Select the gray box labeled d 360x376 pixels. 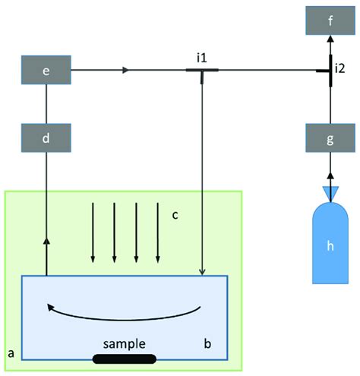point(46,139)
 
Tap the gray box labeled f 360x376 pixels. point(330,21)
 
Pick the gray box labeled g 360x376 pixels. point(330,139)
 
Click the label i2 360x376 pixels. point(340,69)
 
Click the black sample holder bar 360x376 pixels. point(125,359)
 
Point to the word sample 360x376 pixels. point(125,343)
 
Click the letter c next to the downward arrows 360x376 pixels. point(175,214)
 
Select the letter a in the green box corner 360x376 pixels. point(11,352)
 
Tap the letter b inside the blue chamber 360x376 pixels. point(206,343)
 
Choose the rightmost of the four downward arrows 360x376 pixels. point(157,232)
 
